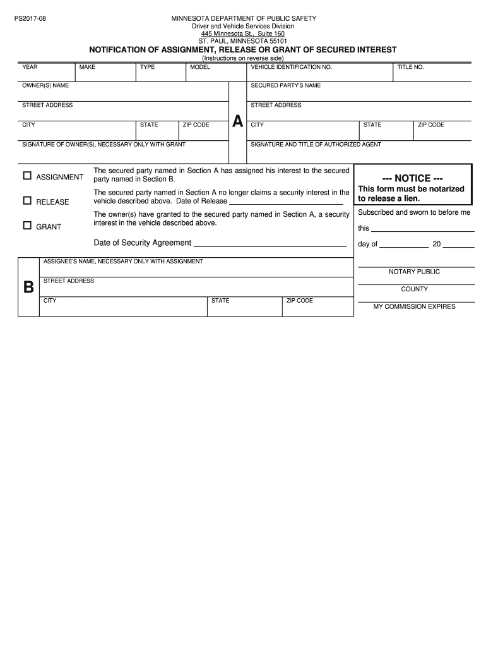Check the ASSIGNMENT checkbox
(x=27, y=176)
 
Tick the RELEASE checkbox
(x=27, y=201)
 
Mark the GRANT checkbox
(x=27, y=226)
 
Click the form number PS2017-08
(x=30, y=19)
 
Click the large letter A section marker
(x=237, y=121)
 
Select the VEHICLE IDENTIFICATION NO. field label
(x=291, y=67)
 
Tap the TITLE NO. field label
(x=410, y=67)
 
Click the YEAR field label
(x=29, y=67)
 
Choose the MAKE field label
(x=87, y=67)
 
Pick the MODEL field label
(x=200, y=67)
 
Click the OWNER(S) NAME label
(x=45, y=85)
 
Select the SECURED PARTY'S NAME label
(x=285, y=85)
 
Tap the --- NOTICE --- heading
(x=413, y=178)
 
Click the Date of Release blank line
(x=285, y=203)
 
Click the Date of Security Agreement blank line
(x=270, y=244)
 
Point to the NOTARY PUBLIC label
(x=414, y=272)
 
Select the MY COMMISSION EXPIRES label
(x=414, y=306)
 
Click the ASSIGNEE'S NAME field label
(x=123, y=261)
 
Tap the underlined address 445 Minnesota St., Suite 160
(x=243, y=33)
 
